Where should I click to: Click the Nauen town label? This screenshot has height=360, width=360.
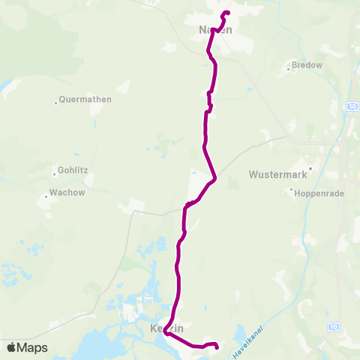(x=215, y=30)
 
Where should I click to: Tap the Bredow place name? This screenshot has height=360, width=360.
(x=308, y=65)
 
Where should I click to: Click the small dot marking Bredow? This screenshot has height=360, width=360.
(x=289, y=70)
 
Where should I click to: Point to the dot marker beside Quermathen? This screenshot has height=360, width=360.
(x=56, y=102)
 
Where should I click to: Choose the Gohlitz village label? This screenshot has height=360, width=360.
(x=72, y=170)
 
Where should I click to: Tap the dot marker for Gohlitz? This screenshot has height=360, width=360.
(x=53, y=170)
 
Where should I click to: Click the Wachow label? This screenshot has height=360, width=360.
(x=68, y=192)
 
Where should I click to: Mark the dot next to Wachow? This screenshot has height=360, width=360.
(x=46, y=196)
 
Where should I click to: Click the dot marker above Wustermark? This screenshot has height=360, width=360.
(x=310, y=168)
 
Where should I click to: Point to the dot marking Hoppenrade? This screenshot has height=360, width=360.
(x=292, y=190)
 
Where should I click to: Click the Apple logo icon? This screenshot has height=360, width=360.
(x=11, y=347)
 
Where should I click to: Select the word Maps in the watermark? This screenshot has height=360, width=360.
(x=32, y=348)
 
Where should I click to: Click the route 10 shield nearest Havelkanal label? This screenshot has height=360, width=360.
(x=334, y=326)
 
